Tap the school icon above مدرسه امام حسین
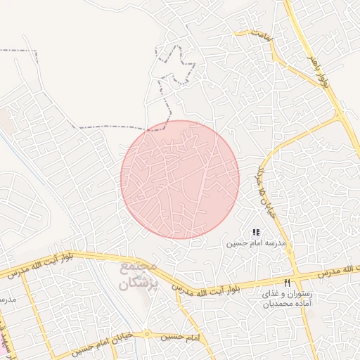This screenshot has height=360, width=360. point(256,232)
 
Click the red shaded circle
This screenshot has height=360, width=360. point(180,179)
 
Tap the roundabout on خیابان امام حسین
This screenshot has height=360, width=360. point(148,335)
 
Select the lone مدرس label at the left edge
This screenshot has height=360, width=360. point(7,300)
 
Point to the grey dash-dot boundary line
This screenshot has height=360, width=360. point(112,128)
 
